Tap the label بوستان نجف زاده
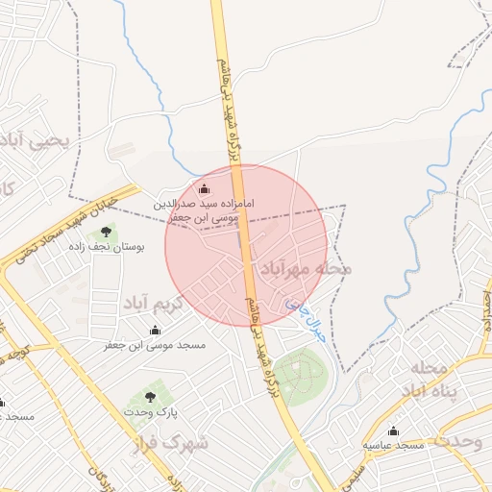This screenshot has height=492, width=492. pos(107,247)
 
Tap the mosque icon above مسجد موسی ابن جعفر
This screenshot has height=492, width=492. pos(155,330)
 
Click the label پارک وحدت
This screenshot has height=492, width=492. pos(150,410)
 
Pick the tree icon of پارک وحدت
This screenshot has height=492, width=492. pos(149,395)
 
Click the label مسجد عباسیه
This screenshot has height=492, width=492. pos(394,445)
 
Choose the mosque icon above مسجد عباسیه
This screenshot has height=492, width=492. pos(393,430)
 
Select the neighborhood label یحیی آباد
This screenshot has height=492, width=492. pos(37,141)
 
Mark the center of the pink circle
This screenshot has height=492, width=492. pos(247,245)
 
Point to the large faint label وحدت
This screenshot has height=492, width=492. pos(462,441)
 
